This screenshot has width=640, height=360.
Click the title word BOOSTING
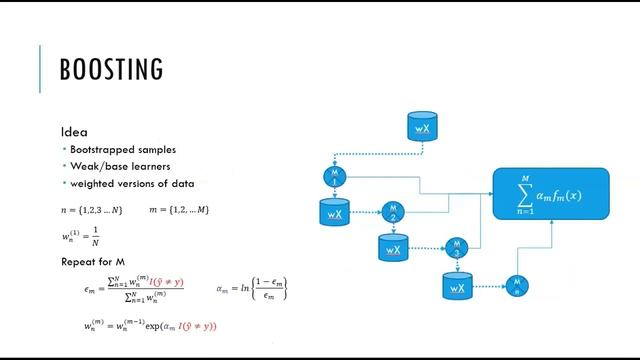(111, 70)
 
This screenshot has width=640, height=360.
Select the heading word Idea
(74, 132)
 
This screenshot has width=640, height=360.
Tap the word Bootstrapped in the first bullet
(100, 149)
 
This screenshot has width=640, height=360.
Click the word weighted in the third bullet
(91, 183)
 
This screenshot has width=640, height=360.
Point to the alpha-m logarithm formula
(252, 291)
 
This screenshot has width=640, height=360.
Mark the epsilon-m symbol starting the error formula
(89, 289)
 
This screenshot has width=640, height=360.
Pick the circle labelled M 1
(334, 177)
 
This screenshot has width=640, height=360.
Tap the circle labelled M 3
(455, 247)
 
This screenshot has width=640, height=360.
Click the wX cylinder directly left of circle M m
(457, 287)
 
